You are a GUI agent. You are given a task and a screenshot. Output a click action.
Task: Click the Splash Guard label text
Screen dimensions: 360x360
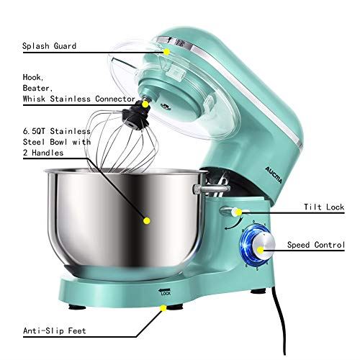(50, 46)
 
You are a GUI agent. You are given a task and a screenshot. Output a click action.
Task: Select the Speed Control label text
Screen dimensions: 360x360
(316, 246)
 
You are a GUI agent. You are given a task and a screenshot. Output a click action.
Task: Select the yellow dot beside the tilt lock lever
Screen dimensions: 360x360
(240, 212)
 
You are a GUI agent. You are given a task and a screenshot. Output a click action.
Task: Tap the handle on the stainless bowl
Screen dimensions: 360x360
(199, 189)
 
